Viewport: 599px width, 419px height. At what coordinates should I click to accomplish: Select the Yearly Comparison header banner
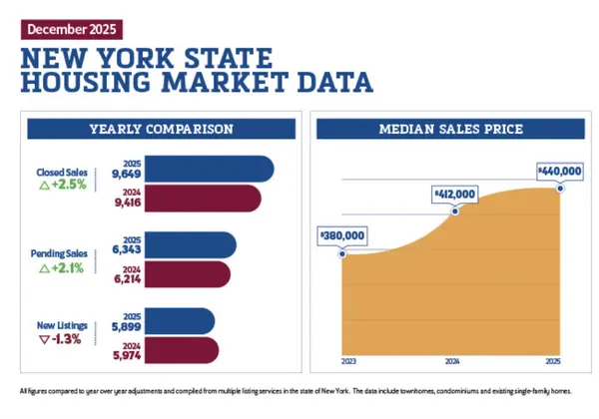click(x=160, y=130)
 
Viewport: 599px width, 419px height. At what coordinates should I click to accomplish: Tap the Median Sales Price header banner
click(x=448, y=130)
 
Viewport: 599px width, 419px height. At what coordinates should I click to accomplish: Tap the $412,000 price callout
click(x=454, y=193)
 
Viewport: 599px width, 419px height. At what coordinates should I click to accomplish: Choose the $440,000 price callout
click(x=559, y=172)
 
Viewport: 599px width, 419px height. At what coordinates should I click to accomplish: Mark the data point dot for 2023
click(x=342, y=253)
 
